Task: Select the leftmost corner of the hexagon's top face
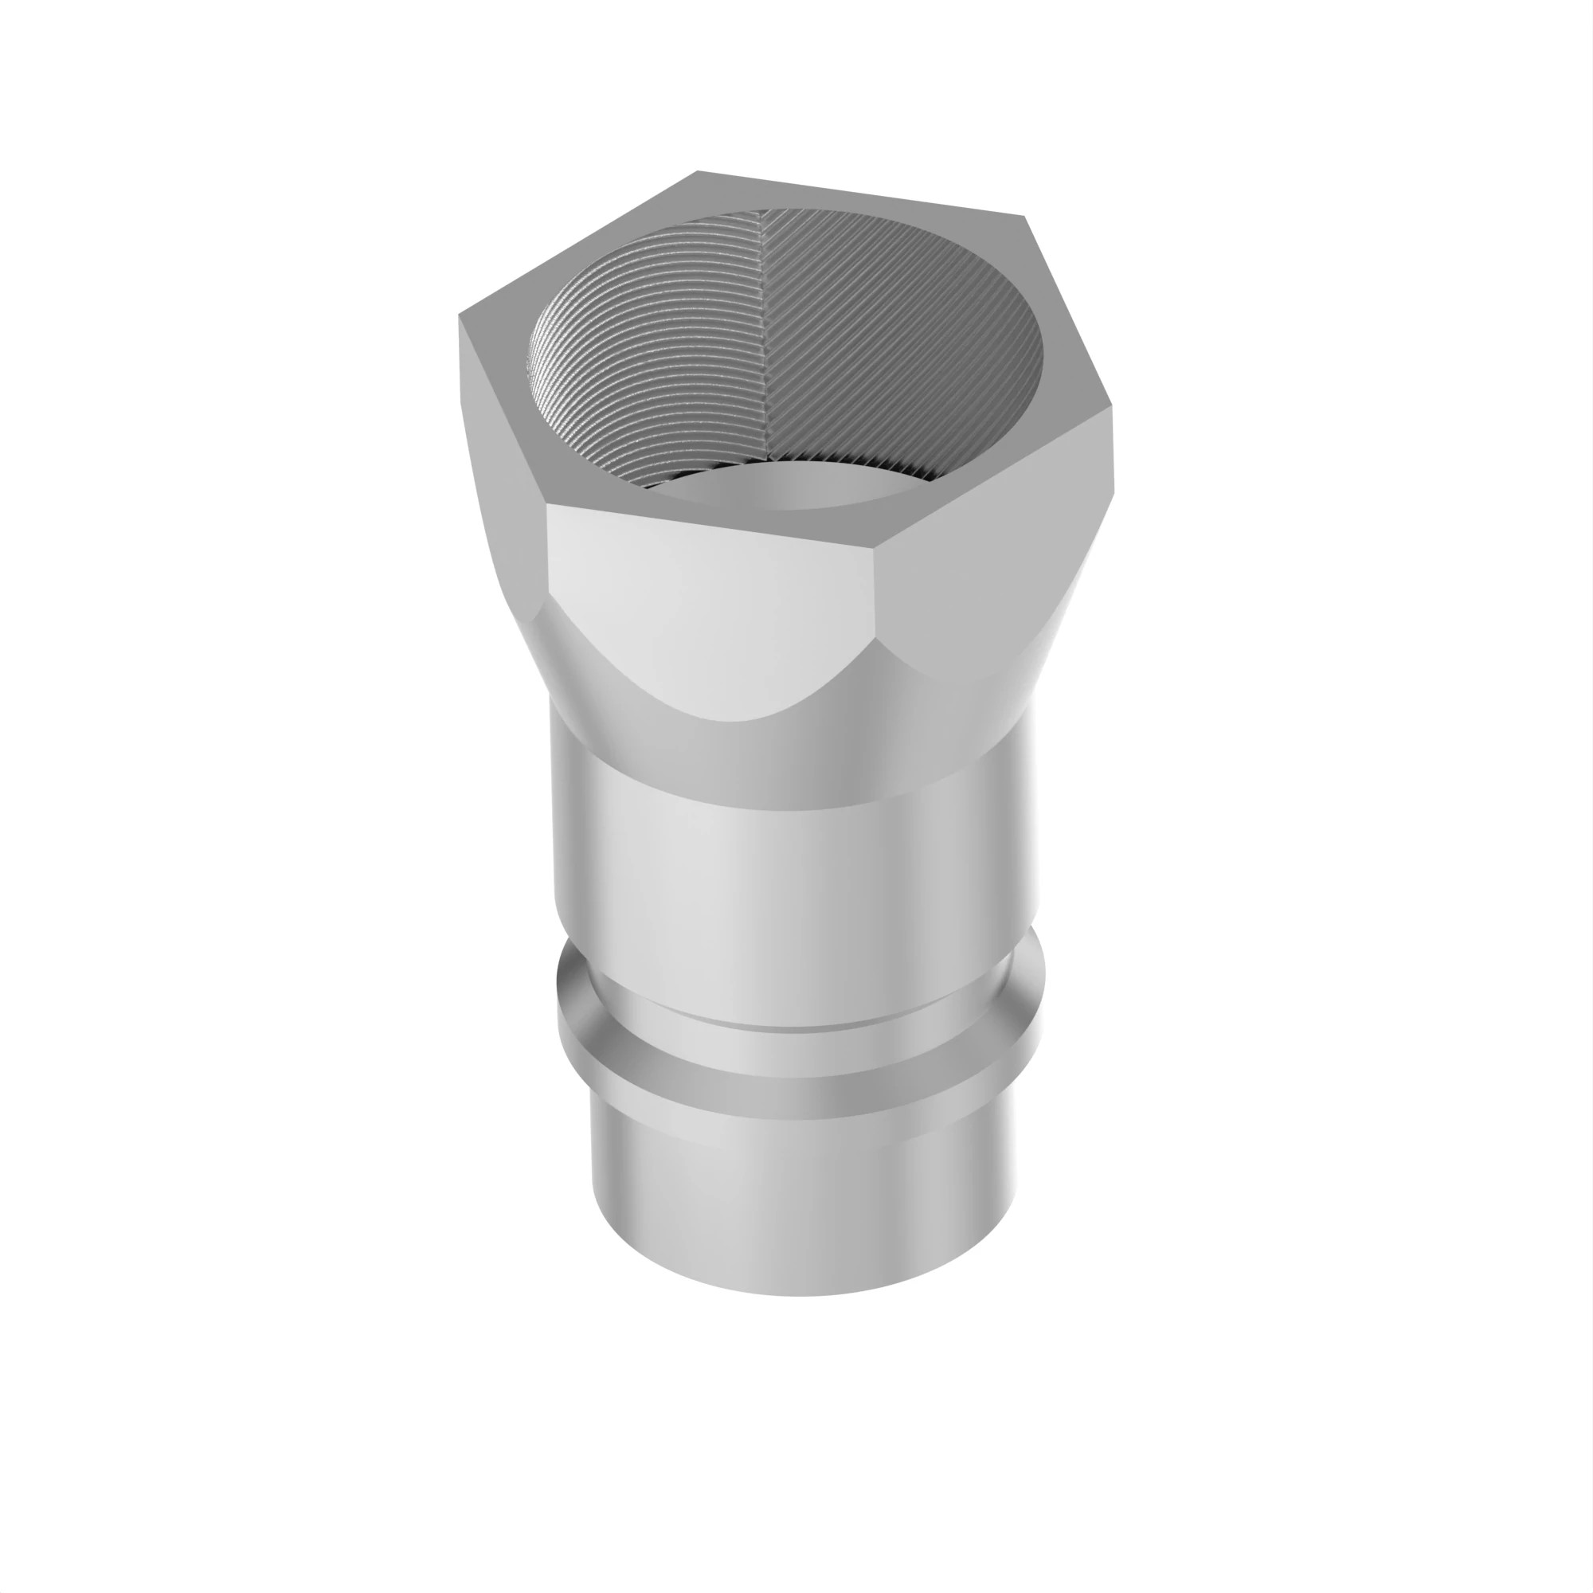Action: pos(460,315)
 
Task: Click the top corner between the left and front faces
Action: pos(548,505)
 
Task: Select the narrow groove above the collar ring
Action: pos(792,1014)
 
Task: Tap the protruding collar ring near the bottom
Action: pos(792,1063)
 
